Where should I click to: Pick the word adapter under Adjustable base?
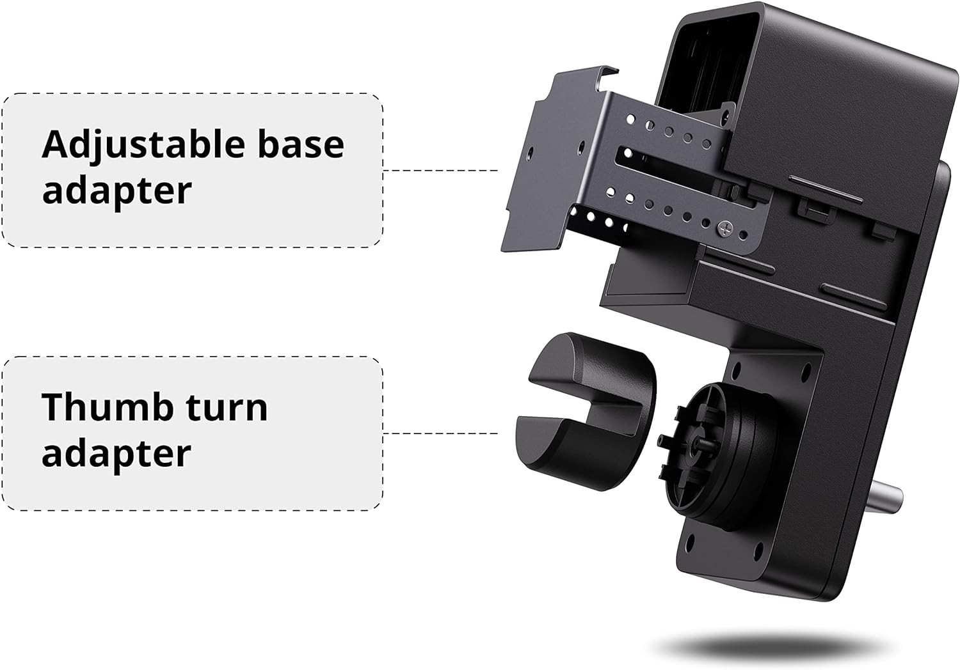(116, 191)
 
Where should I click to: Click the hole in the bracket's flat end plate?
(530, 153)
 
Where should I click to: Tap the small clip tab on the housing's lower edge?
(810, 208)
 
